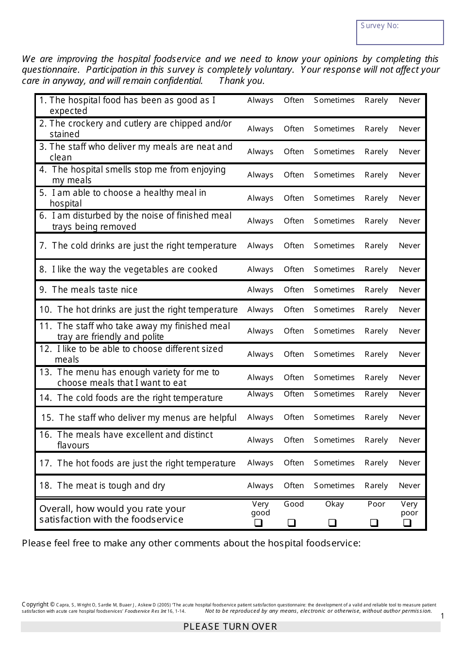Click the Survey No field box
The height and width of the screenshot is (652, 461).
click(x=400, y=32)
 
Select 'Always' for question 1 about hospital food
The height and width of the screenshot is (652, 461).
click(x=260, y=100)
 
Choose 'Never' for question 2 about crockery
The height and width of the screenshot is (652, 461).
click(x=409, y=129)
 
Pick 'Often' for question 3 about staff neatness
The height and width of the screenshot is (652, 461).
click(x=294, y=152)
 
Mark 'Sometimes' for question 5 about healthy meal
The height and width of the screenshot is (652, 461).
click(x=334, y=198)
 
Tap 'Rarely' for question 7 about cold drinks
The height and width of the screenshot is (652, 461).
click(x=376, y=246)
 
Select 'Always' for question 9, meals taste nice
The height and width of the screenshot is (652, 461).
click(x=260, y=290)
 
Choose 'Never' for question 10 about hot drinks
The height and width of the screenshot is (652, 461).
click(x=409, y=310)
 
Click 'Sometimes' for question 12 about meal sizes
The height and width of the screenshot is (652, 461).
click(x=334, y=354)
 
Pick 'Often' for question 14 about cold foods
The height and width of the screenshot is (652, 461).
click(x=294, y=394)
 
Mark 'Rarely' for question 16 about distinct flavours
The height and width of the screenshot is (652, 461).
click(x=376, y=440)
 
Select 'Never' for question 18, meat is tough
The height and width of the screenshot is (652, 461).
click(x=409, y=486)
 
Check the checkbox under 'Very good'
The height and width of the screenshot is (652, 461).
click(x=259, y=523)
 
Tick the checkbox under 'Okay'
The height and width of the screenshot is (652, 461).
click(x=332, y=523)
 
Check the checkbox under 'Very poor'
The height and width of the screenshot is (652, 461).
click(x=408, y=523)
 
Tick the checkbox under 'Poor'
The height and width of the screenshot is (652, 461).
click(x=374, y=523)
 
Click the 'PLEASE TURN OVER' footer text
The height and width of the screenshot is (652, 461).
click(x=230, y=627)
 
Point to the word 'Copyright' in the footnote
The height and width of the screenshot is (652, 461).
click(x=35, y=604)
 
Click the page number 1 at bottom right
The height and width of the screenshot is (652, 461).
click(x=442, y=616)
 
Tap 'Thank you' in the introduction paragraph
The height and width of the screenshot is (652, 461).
click(x=241, y=81)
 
